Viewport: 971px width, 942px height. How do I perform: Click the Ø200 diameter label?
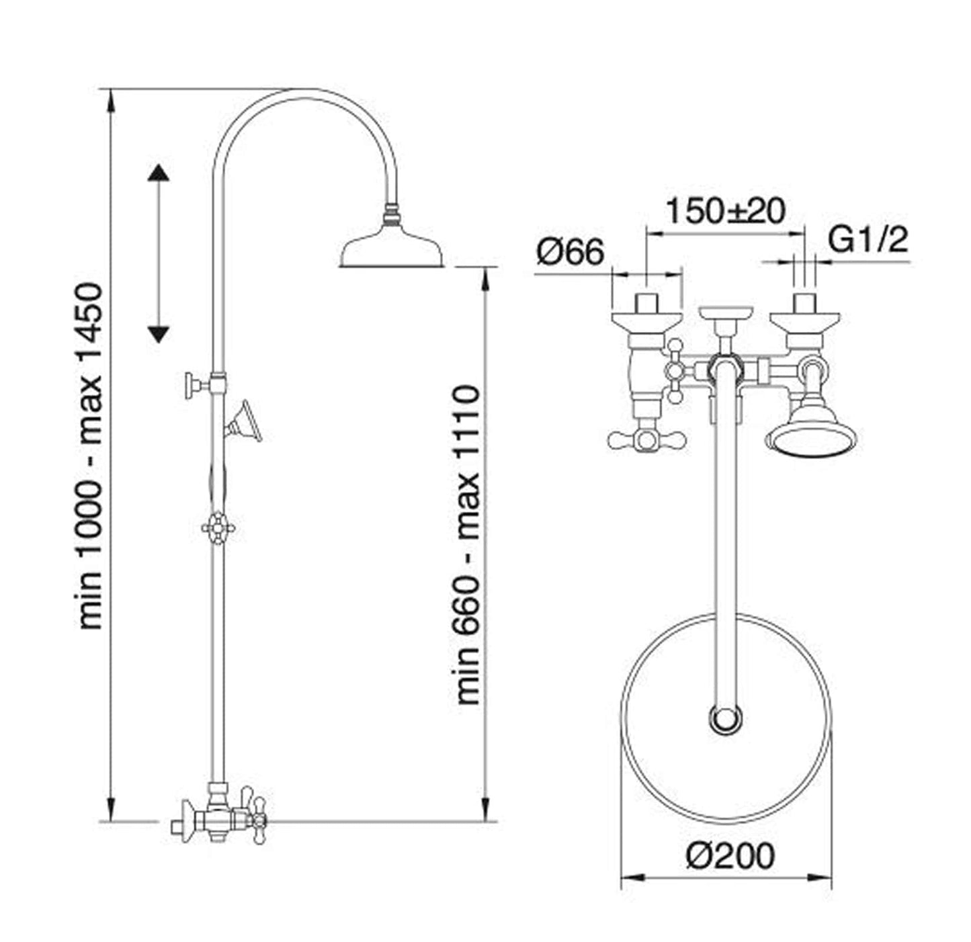click(x=730, y=856)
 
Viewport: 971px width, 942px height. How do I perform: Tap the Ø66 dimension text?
click(x=570, y=253)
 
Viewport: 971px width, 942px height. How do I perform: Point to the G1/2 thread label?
click(x=868, y=240)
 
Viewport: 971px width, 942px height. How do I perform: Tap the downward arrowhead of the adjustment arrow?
click(x=159, y=334)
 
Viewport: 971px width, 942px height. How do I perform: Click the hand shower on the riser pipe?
click(x=243, y=423)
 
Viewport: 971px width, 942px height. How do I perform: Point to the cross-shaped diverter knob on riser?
click(x=218, y=528)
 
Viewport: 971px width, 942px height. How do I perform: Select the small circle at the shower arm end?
click(x=726, y=718)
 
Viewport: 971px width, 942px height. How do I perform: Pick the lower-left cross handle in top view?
click(x=646, y=439)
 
